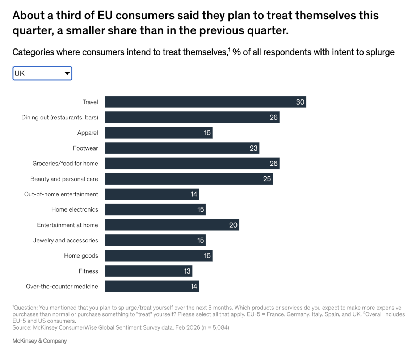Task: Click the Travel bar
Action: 205,102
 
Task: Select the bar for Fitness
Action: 148,271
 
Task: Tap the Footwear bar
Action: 182,148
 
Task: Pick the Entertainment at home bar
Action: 172,225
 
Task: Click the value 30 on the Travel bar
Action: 300,102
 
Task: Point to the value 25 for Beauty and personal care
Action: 267,179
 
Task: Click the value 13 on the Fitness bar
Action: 187,271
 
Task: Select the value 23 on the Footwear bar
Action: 253,148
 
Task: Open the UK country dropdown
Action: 42,73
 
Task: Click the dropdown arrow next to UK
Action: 67,73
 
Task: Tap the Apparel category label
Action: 88,133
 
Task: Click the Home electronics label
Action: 75,209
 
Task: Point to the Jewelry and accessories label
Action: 66,240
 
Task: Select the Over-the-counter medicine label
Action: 62,287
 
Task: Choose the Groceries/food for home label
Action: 65,164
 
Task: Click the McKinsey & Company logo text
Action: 40,341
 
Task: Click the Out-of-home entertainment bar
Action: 152,194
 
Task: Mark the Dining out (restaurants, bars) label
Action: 60,117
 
